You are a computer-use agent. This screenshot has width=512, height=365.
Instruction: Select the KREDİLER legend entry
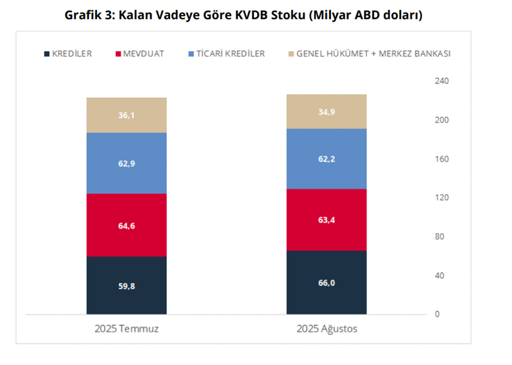(68, 54)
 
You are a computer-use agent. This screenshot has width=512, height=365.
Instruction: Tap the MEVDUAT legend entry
(140, 54)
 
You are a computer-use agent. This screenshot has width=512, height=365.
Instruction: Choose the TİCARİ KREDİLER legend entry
(227, 54)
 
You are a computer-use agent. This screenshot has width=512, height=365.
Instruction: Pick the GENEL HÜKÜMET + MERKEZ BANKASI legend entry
(370, 54)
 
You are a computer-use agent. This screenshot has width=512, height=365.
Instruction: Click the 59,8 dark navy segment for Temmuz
(127, 286)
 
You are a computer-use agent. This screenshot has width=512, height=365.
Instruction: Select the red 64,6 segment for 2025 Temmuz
(127, 225)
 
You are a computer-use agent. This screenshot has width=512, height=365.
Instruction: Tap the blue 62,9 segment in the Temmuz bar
(127, 163)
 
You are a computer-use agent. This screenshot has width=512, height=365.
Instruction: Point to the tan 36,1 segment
(127, 115)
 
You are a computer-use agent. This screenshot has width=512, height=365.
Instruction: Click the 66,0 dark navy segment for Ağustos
(326, 282)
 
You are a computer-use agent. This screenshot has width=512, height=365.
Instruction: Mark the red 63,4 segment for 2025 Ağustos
(326, 220)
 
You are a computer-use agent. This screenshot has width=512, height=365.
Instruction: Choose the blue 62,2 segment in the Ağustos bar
(326, 159)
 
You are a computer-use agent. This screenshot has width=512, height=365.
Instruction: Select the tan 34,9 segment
(326, 111)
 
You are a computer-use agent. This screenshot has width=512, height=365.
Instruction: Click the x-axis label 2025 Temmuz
(127, 329)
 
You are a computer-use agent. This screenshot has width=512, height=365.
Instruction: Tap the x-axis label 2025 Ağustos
(327, 329)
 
